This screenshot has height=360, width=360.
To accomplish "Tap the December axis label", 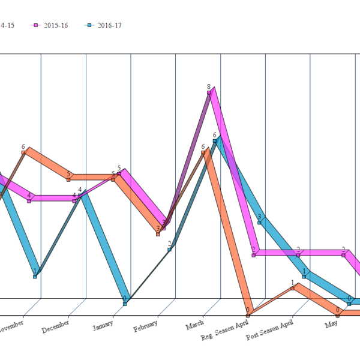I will pos(56,325).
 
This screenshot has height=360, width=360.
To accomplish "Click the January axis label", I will pos(103,325).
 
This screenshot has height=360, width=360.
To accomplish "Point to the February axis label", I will pos(146,325).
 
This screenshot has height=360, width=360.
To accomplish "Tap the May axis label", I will pos(331,324).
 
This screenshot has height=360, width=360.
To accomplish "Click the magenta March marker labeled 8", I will pos(209,92).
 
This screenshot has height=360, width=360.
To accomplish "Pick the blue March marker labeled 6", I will pos(214,141).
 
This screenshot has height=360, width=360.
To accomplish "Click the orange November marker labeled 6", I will pos(23,152).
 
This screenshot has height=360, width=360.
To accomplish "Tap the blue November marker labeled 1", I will pos(35,277).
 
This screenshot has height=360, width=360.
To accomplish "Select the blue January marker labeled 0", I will pos(125,304).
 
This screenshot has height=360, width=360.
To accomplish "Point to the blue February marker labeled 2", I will pos(170,249).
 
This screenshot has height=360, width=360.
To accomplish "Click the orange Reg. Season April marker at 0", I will pos(247,315).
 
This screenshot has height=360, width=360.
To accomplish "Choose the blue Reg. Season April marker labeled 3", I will pos(259,222).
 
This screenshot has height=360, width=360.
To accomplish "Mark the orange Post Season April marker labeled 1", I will pos(293,288).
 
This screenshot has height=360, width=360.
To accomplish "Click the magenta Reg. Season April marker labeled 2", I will pos(254,255).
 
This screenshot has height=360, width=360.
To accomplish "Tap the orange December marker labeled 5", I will pos(68,179).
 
